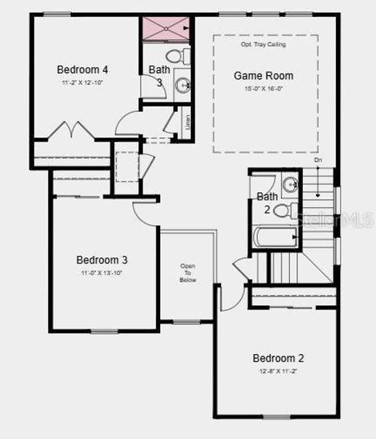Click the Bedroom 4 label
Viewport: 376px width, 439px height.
pos(83,70)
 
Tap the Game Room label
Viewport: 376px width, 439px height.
pos(263,75)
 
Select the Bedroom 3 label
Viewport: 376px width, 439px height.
pos(102,260)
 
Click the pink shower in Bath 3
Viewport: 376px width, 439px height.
pos(166,30)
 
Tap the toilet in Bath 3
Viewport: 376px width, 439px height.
pos(176,56)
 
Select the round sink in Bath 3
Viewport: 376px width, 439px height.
pos(183,85)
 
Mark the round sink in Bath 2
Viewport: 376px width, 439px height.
pos(290,184)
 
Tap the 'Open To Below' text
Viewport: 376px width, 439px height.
pos(188,272)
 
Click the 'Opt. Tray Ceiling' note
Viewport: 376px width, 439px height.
pos(263,44)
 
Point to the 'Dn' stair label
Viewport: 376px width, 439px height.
pos(318,160)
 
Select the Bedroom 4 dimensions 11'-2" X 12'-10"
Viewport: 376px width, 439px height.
pos(83,83)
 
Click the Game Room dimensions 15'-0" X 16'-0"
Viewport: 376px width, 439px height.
pos(263,89)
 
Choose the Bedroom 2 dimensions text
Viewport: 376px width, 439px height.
pos(278,372)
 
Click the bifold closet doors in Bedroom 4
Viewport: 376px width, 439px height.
pos(71,131)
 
